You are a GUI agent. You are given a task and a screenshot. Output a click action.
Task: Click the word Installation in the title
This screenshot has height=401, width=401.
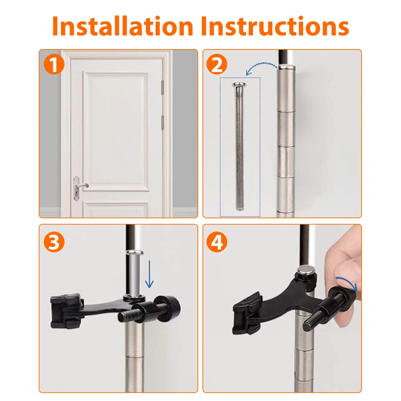point(123,26)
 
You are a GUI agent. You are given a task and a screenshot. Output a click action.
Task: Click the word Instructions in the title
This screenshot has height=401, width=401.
point(275,26)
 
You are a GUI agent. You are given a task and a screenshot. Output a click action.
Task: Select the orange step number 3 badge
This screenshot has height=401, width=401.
point(54,242)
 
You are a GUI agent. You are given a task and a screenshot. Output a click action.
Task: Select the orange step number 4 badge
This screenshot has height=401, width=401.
point(217,242)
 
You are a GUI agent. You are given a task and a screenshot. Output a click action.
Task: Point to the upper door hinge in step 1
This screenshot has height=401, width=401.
point(162,88)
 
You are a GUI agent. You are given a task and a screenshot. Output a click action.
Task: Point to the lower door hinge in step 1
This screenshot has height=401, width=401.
point(162,123)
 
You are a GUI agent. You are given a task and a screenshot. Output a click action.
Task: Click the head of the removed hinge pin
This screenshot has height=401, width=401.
point(239,84)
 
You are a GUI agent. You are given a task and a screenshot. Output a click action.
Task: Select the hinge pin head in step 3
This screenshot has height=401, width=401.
point(134,253)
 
